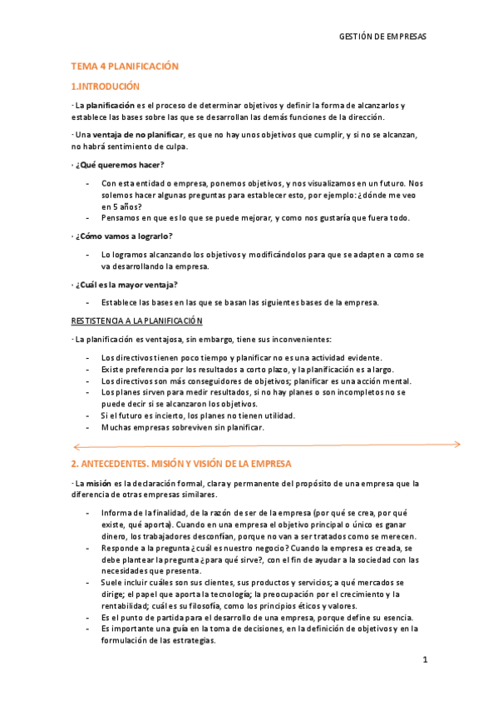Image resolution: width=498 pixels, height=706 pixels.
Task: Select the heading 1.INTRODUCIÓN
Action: pos(106,86)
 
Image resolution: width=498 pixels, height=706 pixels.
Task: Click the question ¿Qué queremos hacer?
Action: pos(120,164)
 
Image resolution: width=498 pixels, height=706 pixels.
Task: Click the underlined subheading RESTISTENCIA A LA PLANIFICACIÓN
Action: pos(137,321)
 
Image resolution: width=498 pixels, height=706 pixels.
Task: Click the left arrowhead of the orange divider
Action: pos(76,445)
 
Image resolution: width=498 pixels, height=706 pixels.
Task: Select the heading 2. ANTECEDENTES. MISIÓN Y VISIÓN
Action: pos(181,463)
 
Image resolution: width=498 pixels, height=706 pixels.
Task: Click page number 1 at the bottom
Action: pos(424,660)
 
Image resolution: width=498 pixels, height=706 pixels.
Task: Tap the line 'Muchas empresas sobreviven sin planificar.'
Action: pos(182,427)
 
